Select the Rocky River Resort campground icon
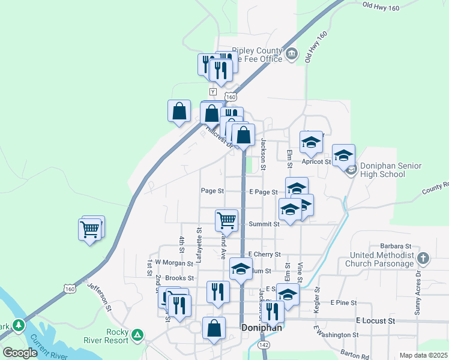[137, 334]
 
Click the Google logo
[20, 352]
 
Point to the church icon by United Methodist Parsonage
[423, 259]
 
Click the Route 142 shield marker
[264, 345]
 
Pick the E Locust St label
[375, 321]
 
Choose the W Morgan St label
[173, 262]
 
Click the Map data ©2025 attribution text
[423, 355]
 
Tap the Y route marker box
[212, 91]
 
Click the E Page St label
[263, 192]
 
